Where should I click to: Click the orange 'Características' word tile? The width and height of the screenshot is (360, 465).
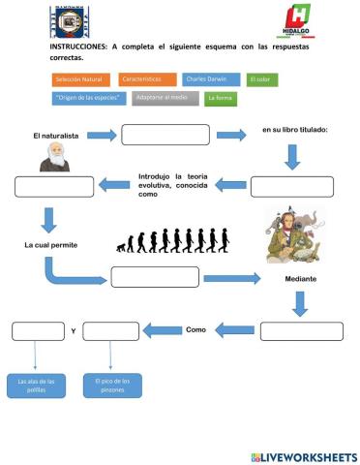click(148, 79)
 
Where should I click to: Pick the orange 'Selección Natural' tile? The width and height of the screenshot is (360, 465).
click(79, 79)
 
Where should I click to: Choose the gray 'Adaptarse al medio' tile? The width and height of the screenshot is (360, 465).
click(165, 98)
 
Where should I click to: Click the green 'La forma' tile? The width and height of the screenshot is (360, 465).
click(222, 98)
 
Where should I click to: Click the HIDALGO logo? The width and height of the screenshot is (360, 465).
click(297, 21)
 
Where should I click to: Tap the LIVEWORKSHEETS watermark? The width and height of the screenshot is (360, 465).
click(303, 456)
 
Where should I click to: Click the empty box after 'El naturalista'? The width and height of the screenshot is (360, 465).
click(165, 135)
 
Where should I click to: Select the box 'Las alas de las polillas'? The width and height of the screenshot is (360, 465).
click(37, 386)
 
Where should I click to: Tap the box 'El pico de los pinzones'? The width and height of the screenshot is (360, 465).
click(112, 386)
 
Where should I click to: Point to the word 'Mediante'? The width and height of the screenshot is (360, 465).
click(301, 279)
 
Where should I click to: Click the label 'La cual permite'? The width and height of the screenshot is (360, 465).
click(50, 245)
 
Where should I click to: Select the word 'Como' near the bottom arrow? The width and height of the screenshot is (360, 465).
click(196, 329)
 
